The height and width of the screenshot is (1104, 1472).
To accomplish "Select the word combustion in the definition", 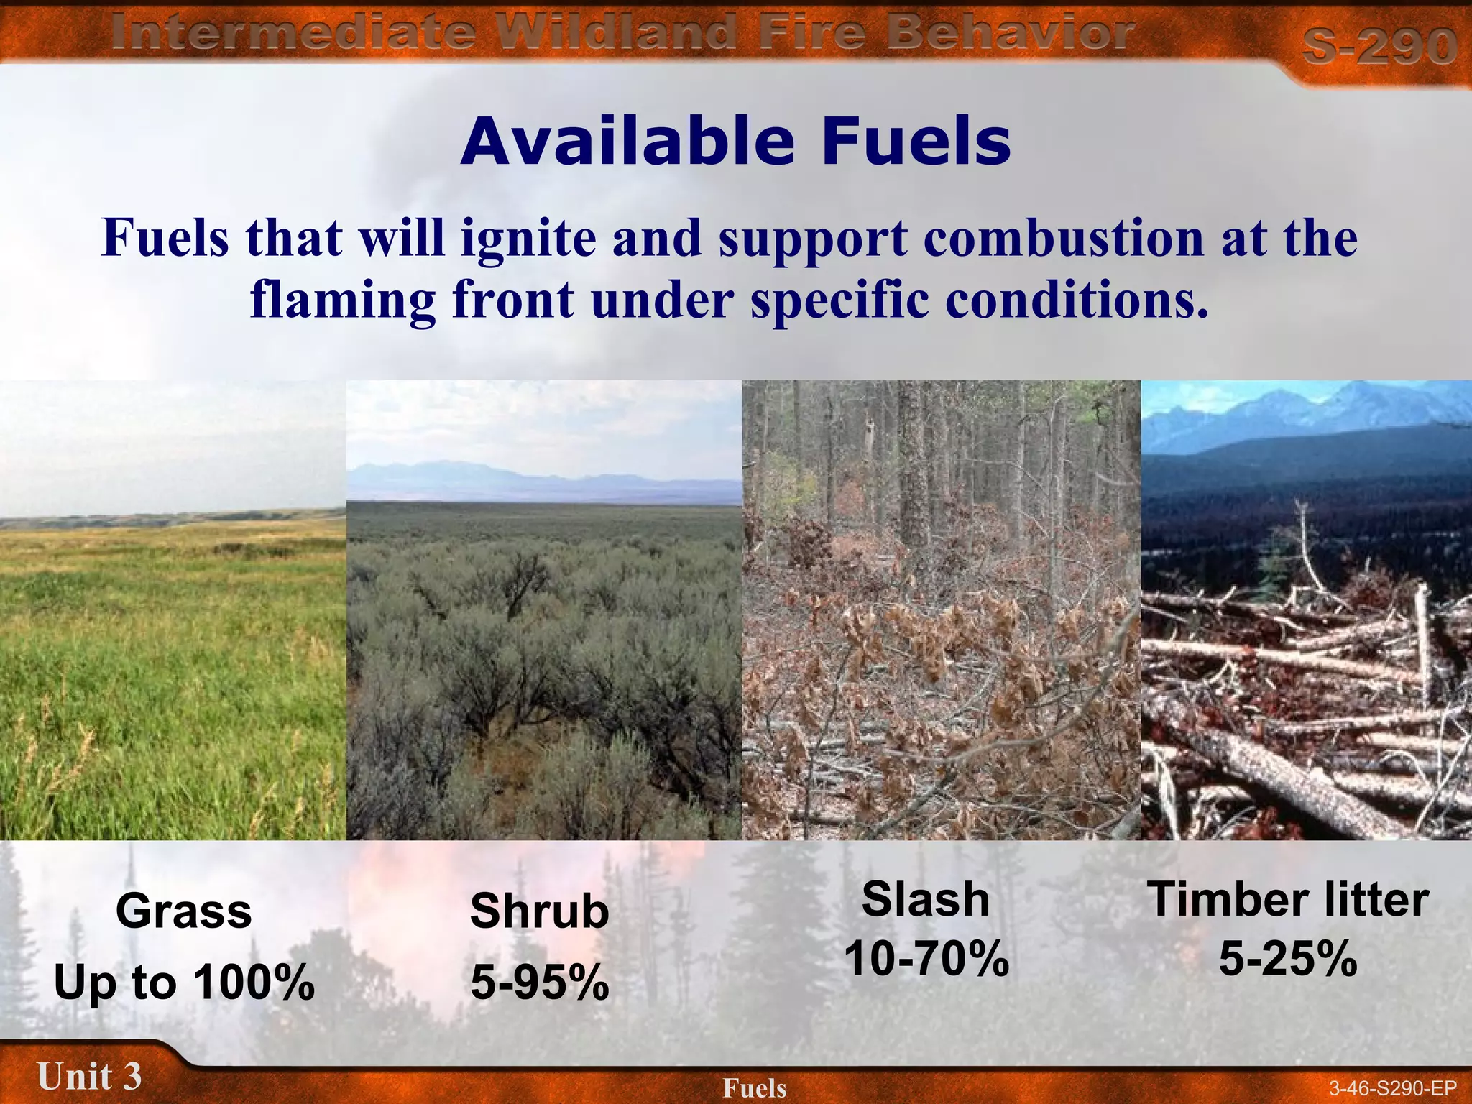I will coord(1064,239).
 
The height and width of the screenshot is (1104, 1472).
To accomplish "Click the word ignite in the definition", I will coord(528,239).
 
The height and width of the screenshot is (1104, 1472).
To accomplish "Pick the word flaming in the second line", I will coord(343,300).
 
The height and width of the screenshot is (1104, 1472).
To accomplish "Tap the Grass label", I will coord(184,911).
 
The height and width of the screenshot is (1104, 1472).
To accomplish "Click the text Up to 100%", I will coord(184,983).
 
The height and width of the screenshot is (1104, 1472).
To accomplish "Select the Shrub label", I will coord(539,911).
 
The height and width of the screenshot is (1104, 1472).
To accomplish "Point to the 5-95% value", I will coord(539,983).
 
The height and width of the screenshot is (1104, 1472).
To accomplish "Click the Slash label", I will coord(926,899).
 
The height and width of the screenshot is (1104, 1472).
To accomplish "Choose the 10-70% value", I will coord(926,959).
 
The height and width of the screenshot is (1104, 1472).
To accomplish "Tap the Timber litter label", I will coord(1288,899).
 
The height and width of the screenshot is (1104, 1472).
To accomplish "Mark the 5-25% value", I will coord(1288,959).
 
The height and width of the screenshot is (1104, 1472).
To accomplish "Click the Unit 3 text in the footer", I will coord(89,1077).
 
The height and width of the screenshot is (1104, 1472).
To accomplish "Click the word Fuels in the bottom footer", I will coord(755,1088).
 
